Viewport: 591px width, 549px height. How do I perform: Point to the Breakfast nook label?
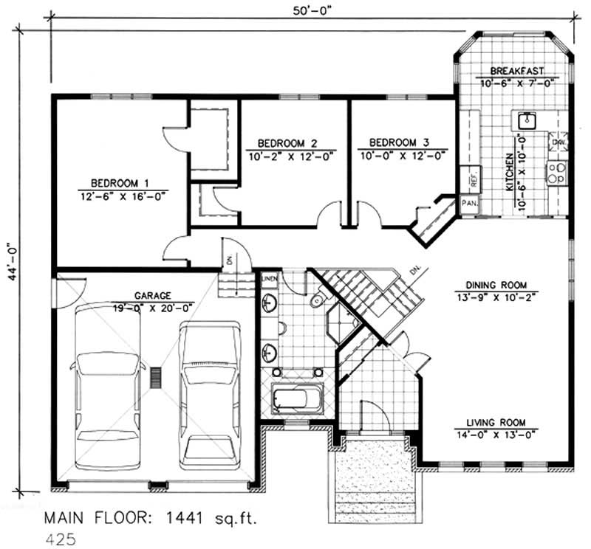tap(518, 71)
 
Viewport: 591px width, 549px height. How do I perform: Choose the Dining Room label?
tap(495, 285)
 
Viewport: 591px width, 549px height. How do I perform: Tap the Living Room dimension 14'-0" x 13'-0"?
tap(495, 434)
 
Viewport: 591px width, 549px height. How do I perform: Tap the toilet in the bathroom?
tap(317, 300)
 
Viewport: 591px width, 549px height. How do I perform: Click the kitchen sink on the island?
tap(527, 119)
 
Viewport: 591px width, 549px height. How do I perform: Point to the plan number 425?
tap(61, 539)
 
